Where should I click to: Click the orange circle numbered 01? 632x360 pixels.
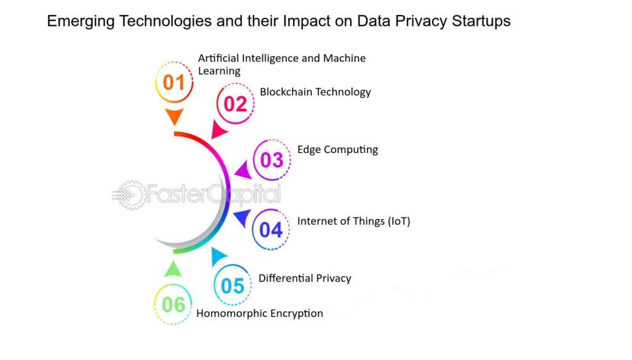pos(174,82)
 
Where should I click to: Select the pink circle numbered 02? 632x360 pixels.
pos(235,104)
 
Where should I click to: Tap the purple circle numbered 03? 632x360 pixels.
pos(272,160)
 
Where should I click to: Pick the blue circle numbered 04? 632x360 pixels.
pos(271,229)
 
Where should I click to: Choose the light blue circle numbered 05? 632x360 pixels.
pos(233,285)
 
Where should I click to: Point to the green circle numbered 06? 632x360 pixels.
pos(173,304)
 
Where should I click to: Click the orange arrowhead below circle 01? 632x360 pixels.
pos(175,116)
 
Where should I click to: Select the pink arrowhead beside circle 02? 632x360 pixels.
pos(218,130)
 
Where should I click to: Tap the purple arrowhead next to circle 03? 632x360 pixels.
pos(244,170)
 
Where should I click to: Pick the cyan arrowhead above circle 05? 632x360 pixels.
pos(218,256)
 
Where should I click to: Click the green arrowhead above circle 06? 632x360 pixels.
pos(173,269)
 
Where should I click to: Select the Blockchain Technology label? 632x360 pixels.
pos(315,92)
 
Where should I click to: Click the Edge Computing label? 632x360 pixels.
pos(338,149)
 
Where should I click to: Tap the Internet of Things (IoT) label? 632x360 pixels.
pos(354,221)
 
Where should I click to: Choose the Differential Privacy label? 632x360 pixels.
pos(305,278)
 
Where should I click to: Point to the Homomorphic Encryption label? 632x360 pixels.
pos(260,313)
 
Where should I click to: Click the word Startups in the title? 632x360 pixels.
pos(481,21)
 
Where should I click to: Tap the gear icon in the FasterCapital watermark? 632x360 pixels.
pos(131,195)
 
